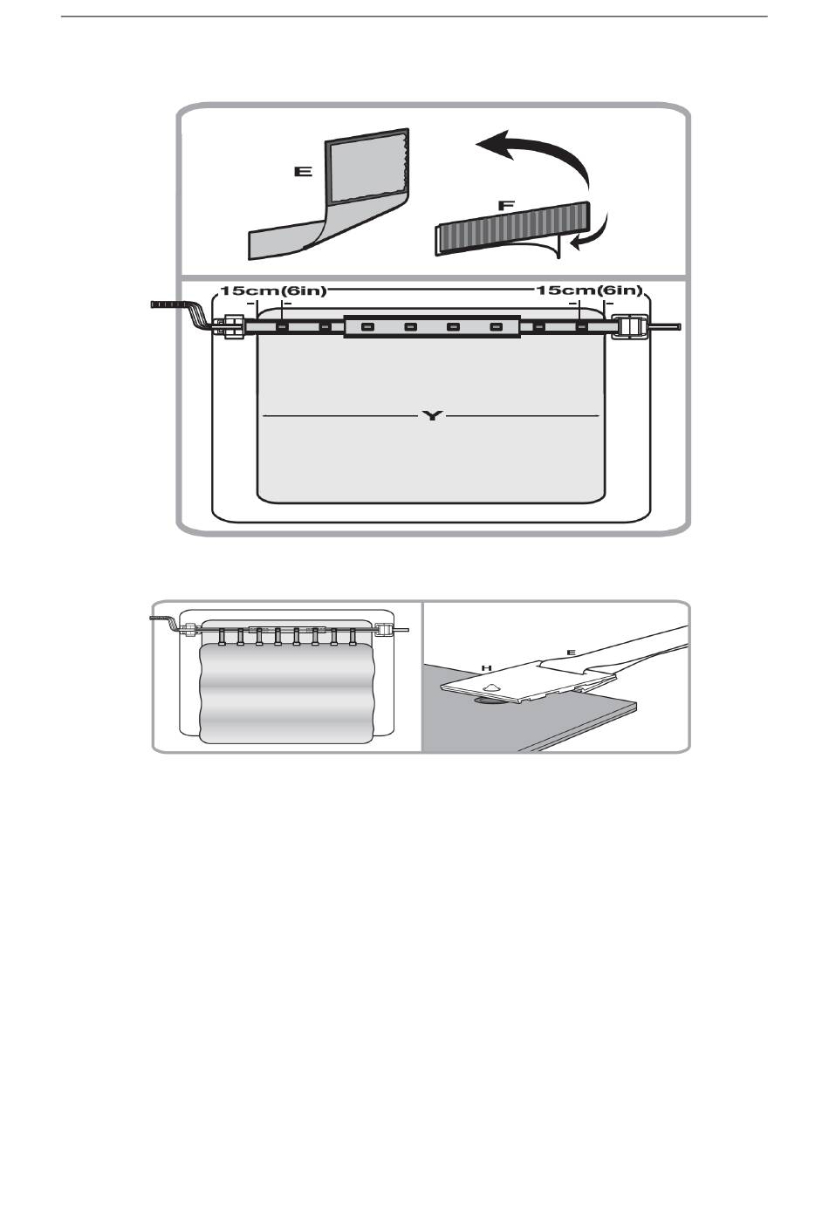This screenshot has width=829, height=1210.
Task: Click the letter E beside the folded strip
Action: pyautogui.click(x=303, y=173)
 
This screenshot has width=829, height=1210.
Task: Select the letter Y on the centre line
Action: pyautogui.click(x=432, y=416)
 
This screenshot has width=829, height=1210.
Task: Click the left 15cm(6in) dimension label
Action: pyautogui.click(x=273, y=291)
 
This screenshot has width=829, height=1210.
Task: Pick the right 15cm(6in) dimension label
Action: pyautogui.click(x=589, y=291)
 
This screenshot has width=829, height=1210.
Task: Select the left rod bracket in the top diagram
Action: pyautogui.click(x=232, y=328)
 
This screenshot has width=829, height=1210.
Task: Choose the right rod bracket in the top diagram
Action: pyautogui.click(x=633, y=327)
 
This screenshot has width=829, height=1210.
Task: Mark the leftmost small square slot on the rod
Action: pyautogui.click(x=282, y=328)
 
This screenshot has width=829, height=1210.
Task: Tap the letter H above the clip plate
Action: pyautogui.click(x=487, y=667)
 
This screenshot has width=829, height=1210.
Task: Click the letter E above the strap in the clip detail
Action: pyautogui.click(x=572, y=650)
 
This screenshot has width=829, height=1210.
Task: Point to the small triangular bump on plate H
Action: pyautogui.click(x=492, y=687)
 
